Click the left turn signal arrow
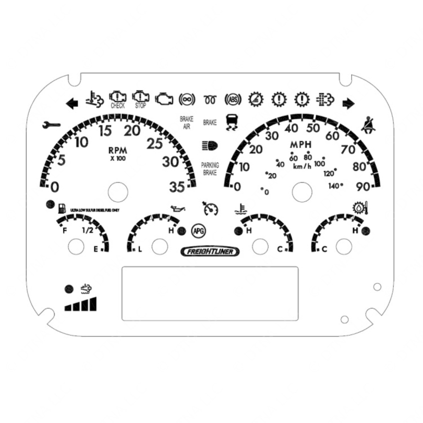click(72, 103)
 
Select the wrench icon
click(52, 125)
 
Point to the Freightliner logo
click(211, 252)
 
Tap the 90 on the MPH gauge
click(363, 186)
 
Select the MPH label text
click(301, 144)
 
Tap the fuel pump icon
click(62, 209)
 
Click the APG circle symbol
click(198, 229)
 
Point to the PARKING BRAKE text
click(210, 168)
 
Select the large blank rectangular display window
click(210, 293)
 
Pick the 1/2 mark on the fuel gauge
click(87, 230)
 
